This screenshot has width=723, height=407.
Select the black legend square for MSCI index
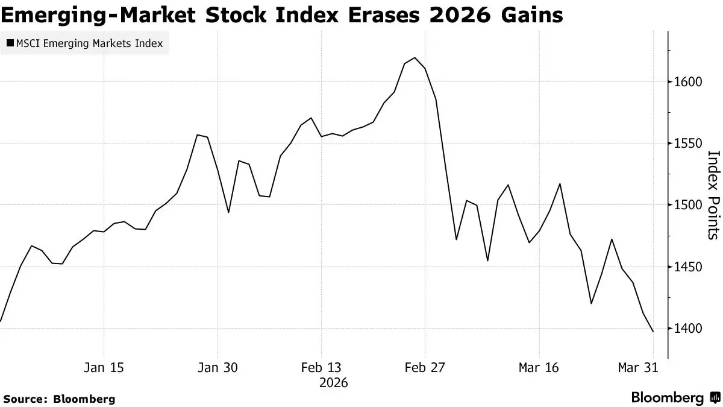tap(10, 43)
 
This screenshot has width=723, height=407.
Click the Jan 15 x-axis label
tap(104, 367)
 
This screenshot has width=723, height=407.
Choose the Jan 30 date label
tap(218, 367)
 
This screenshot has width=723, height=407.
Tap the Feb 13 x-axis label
tap(321, 367)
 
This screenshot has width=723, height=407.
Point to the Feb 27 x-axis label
tap(425, 367)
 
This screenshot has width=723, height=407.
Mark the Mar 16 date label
tap(539, 367)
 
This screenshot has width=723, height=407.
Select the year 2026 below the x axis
tap(334, 382)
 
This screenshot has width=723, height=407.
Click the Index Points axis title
tap(713, 195)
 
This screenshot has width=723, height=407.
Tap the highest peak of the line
tap(415, 58)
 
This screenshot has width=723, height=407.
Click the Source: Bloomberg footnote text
tap(58, 399)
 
